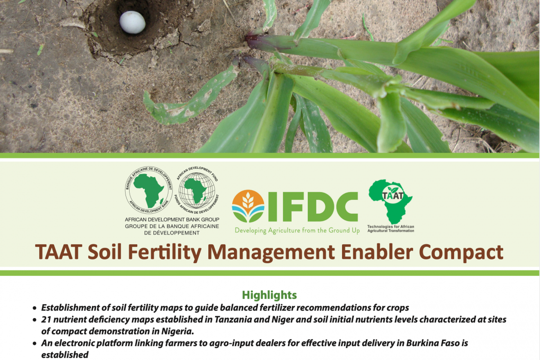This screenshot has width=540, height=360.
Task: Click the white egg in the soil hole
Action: coord(132,22)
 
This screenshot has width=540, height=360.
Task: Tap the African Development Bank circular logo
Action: coord(149,190)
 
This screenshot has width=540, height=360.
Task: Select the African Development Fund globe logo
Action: coord(197,190)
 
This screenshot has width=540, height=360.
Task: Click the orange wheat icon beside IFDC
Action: coord(248,206)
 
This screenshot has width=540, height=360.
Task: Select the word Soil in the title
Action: coord(104,252)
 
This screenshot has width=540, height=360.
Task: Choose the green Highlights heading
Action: coord(269,295)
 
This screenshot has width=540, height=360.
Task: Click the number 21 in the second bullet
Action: coord(46,319)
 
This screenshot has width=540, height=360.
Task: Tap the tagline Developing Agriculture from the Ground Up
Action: coord(297,230)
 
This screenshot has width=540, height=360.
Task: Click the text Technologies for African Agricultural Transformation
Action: coord(391,229)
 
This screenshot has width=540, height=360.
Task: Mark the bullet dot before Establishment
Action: coord(35,308)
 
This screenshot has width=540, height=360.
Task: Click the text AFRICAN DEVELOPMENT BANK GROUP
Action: coord(172,220)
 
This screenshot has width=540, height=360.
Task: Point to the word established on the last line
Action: coord(65,355)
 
